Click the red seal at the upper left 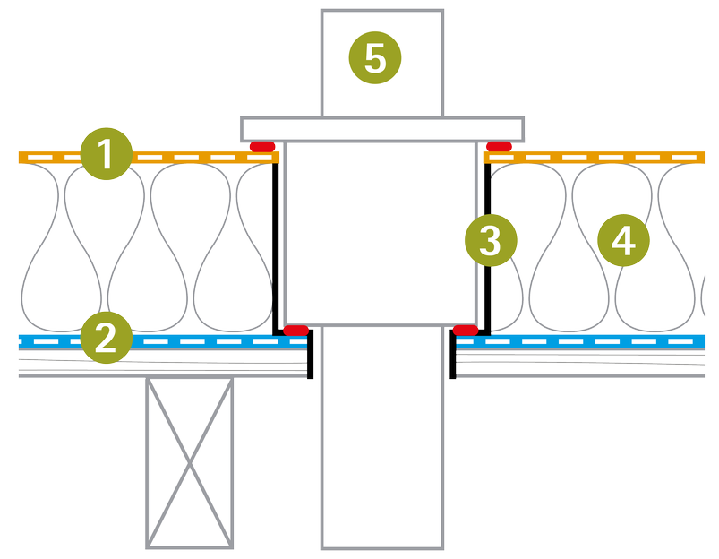tap(261, 146)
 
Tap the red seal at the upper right tap(498, 146)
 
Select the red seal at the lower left tap(296, 331)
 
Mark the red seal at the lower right tap(466, 331)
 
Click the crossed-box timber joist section tap(189, 462)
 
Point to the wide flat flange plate tap(381, 129)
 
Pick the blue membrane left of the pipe tap(206, 341)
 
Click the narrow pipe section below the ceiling tap(381, 439)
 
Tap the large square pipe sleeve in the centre tap(380, 233)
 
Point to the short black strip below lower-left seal tap(310, 357)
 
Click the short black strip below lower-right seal tap(452, 357)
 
